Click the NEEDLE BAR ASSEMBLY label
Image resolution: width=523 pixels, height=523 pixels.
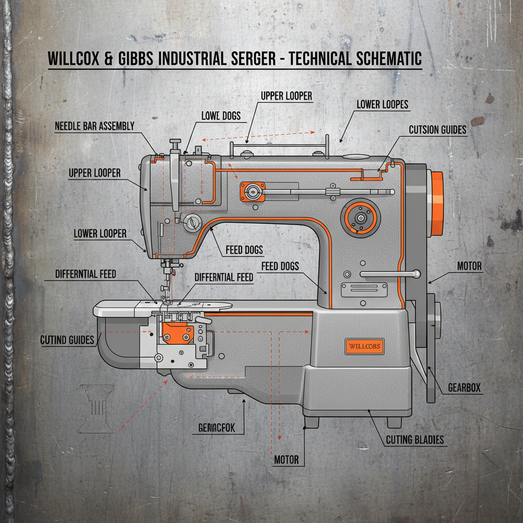coord(94,126)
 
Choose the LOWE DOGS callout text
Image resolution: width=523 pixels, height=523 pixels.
coord(221,116)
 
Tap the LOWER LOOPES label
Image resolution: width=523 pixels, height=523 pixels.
coord(383,105)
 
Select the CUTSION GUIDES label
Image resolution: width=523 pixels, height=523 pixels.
coord(438,130)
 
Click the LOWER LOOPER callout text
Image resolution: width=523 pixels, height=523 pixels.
coord(100,233)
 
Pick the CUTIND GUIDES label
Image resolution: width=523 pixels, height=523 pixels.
coord(68,340)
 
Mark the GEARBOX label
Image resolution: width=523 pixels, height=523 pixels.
coord(464,388)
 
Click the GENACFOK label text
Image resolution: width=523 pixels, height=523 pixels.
coord(216,428)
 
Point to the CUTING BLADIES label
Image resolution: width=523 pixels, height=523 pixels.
coord(415,440)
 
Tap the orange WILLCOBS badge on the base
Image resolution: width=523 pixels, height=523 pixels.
coord(364,346)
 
